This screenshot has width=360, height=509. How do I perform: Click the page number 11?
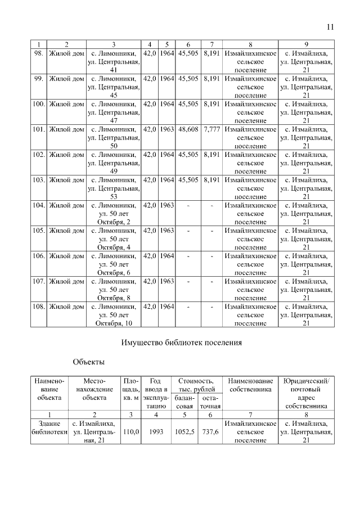pyautogui.click(x=330, y=26)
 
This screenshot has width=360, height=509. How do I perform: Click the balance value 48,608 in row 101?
pyautogui.click(x=188, y=129)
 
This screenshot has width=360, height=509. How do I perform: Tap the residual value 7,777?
pyautogui.click(x=211, y=129)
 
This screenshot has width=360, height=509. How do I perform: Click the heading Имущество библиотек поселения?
pyautogui.click(x=182, y=342)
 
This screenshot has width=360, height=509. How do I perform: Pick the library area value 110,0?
pyautogui.click(x=130, y=431)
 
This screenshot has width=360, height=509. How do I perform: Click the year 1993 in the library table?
pyautogui.click(x=155, y=431)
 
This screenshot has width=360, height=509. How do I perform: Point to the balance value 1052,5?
pyautogui.click(x=184, y=431)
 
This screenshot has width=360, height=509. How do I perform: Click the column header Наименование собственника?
pyautogui.click(x=250, y=385)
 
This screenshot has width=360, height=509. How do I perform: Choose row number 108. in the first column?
pyautogui.click(x=38, y=307)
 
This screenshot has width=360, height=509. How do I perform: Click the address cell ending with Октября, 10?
pyautogui.click(x=114, y=315)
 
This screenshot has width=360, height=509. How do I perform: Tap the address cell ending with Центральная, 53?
pyautogui.click(x=114, y=188)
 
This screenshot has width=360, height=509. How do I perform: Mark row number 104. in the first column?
pyautogui.click(x=38, y=205)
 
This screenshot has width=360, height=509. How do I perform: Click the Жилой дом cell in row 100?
pyautogui.click(x=66, y=104)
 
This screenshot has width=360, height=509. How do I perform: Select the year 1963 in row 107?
pyautogui.click(x=166, y=281)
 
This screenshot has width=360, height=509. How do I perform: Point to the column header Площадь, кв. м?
pyautogui.click(x=130, y=385)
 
